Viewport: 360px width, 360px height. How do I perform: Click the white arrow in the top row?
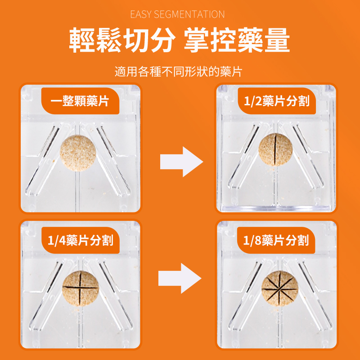180,161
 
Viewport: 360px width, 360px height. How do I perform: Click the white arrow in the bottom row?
180,279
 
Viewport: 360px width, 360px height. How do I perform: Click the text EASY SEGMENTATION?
177,14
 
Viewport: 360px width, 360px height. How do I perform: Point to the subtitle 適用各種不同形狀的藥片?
178,72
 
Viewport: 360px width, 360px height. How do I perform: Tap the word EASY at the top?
141,14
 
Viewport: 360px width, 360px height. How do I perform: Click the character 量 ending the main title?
276,41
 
